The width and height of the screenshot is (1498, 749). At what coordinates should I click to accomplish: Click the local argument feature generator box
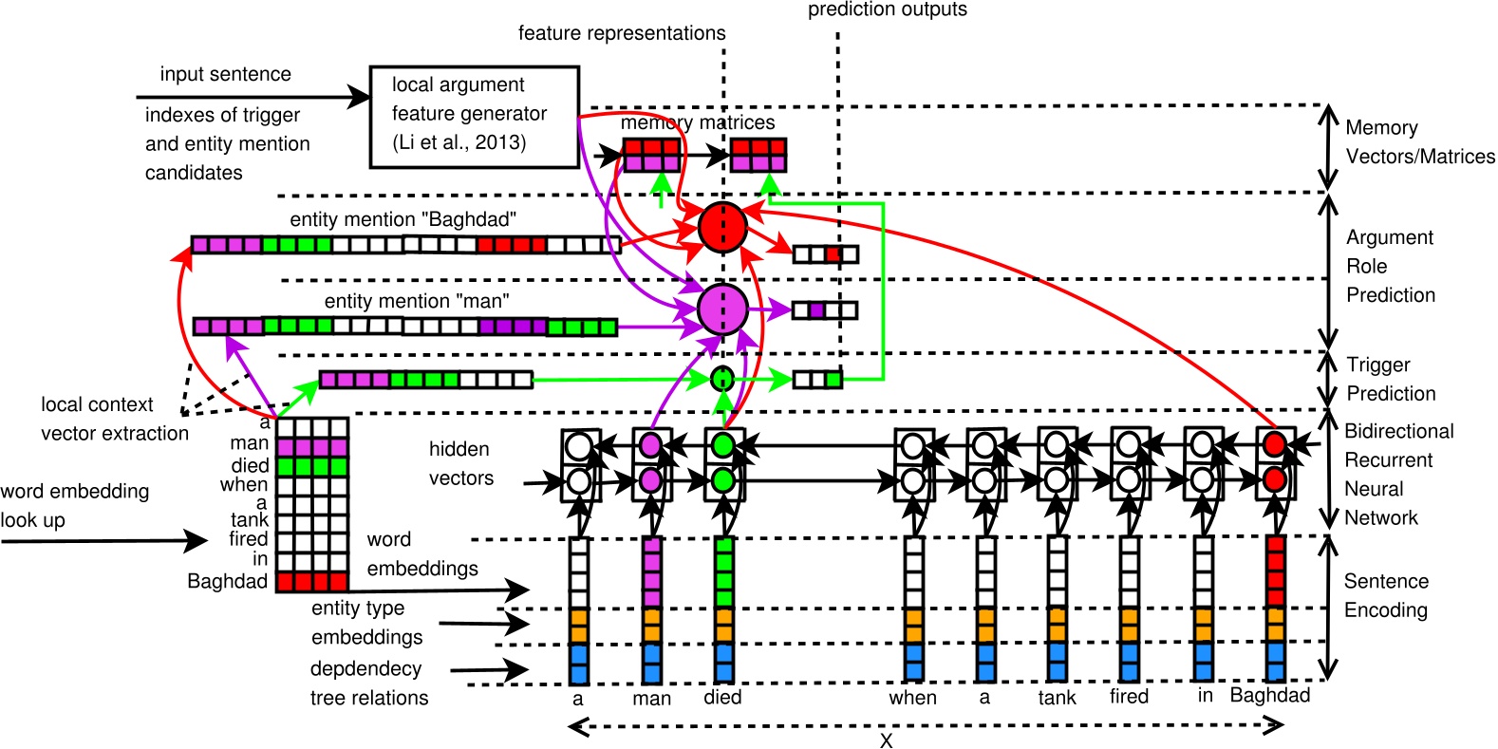pos(474,116)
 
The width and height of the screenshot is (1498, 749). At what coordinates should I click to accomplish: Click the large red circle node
pos(722,227)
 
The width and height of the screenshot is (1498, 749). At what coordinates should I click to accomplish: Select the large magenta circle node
pos(722,309)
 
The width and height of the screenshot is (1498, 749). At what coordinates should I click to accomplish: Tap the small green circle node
pos(722,379)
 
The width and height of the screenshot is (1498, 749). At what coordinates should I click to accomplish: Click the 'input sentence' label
pos(225,74)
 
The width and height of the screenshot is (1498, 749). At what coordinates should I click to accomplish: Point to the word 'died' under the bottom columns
pos(722,697)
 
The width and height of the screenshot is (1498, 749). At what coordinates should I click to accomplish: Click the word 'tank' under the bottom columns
pos(1057,698)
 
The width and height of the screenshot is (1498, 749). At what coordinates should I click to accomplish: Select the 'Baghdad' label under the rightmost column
pos(1270,695)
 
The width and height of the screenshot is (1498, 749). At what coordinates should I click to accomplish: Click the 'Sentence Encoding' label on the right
pos(1385,595)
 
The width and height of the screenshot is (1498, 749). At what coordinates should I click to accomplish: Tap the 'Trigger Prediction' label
pos(1390,379)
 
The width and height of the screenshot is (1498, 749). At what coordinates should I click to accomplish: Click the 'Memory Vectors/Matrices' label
pos(1418,141)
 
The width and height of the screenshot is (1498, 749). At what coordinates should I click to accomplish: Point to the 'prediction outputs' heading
pos(887,9)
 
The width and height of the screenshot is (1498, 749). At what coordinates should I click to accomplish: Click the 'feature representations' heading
pos(622,33)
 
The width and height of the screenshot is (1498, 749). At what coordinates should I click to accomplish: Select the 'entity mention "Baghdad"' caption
pos(403,219)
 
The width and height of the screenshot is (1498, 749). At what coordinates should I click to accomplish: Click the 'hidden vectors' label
pos(460,463)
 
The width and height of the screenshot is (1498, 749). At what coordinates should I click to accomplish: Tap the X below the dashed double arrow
pos(886,740)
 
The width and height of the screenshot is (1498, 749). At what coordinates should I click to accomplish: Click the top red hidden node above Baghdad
pos(1275,444)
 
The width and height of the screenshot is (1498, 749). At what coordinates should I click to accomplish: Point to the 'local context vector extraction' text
pos(114,419)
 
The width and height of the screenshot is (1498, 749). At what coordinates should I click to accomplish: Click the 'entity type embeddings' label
pos(366,622)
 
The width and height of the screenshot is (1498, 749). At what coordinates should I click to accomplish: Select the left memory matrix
pos(651,154)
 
